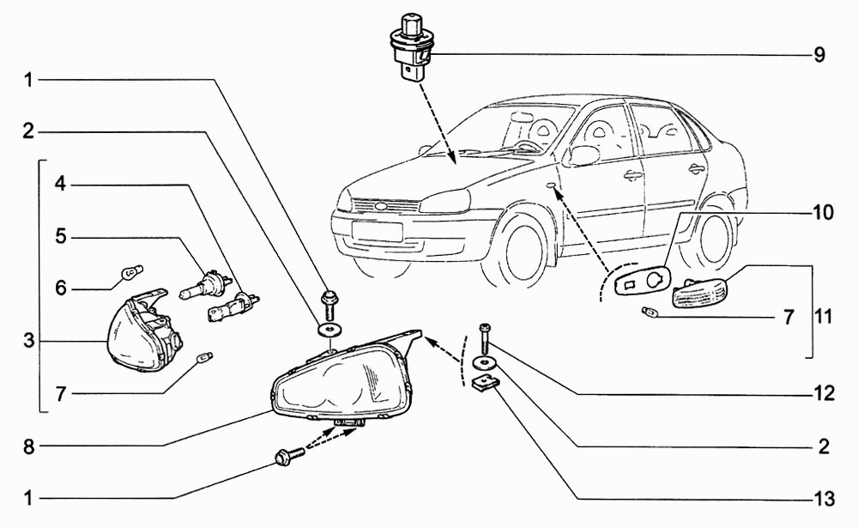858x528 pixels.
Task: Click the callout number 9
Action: pos(819,56)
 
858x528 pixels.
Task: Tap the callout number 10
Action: pos(823,213)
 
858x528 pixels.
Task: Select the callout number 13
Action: pos(823,498)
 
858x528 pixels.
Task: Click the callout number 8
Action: pos(28,446)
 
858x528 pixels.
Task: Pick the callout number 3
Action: pos(28,341)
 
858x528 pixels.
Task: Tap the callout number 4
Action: pos(60,184)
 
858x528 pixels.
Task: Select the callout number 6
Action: pos(60,288)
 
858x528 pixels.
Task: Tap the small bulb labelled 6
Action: pos(131,274)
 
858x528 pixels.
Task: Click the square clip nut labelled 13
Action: pos(484,383)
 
